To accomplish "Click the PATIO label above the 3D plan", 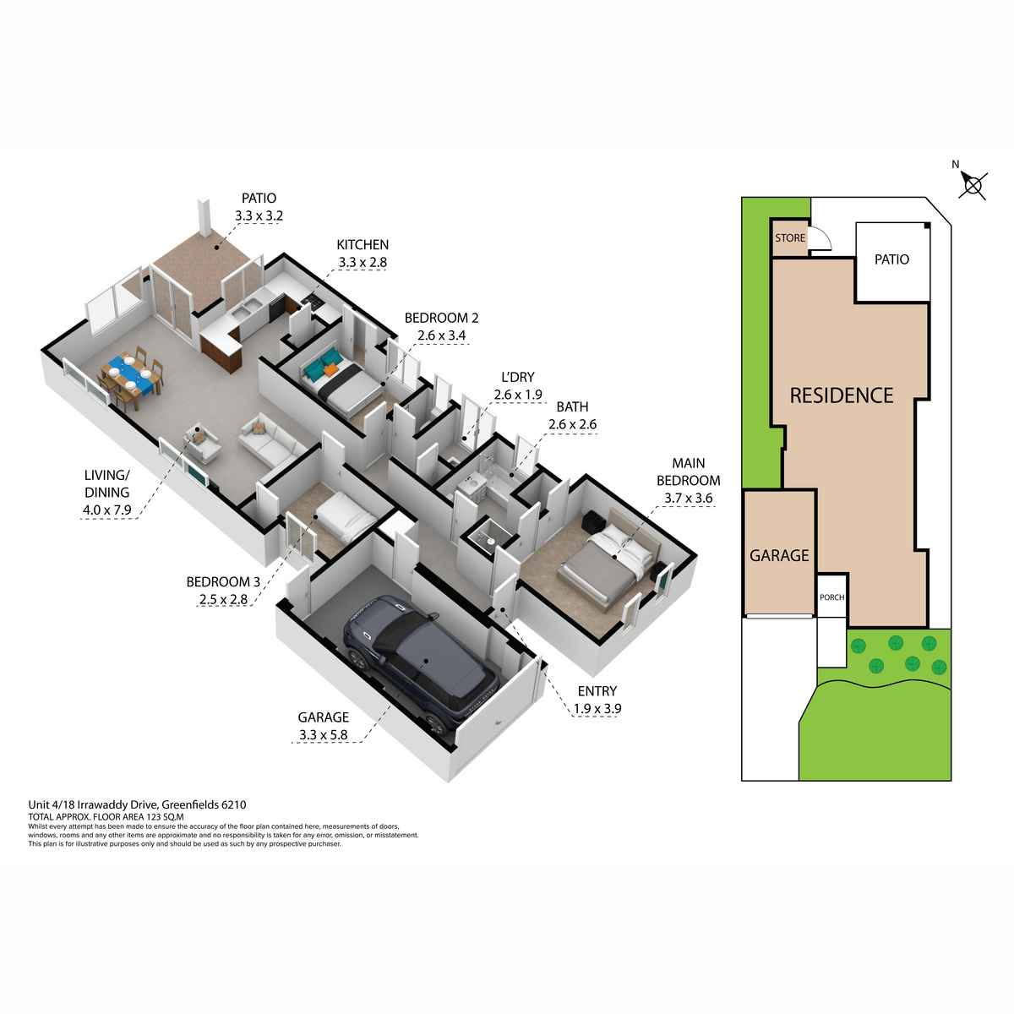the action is [259, 199].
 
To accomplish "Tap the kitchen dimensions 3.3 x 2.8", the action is [362, 262].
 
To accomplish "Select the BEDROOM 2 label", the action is [441, 318].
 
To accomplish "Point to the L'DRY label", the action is [518, 377].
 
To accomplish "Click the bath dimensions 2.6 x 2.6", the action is [573, 424].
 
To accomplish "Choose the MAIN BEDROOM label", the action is [689, 472].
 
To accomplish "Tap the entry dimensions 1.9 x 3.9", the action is [597, 709].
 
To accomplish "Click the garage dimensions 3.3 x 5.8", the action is [323, 734].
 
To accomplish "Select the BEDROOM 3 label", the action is [223, 582].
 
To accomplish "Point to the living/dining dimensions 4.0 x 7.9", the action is [106, 510].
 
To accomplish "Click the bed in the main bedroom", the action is [609, 556].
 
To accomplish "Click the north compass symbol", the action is [972, 185].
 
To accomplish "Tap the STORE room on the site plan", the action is [789, 237].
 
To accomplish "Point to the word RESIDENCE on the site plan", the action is [842, 395].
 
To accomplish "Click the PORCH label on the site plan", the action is [832, 597].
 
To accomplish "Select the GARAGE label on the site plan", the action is [779, 556].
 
